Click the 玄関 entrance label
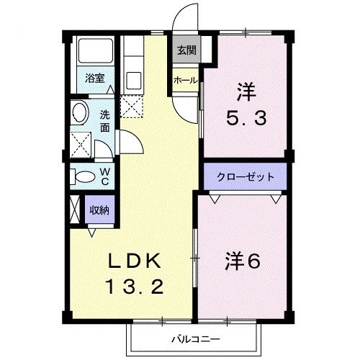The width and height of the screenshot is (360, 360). (x=186, y=50)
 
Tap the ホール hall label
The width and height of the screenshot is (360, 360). (x=185, y=81)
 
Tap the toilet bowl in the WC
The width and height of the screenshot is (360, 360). (x=82, y=175)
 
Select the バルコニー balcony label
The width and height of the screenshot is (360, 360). (x=194, y=337)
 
